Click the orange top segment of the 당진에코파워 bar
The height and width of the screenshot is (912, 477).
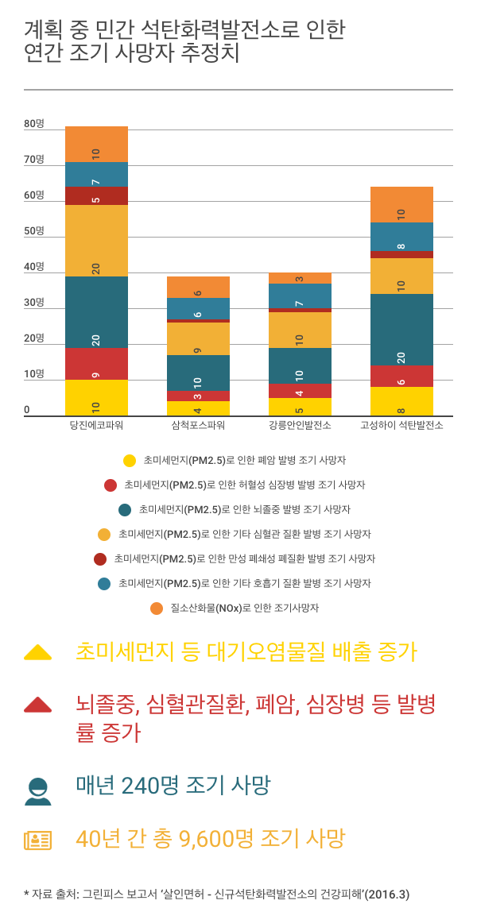[x=96, y=144]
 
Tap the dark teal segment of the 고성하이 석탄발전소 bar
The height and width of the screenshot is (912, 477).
[x=401, y=329]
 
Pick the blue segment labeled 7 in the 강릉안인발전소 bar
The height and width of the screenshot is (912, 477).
[x=300, y=296]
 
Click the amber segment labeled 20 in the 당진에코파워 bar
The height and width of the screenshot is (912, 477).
[x=96, y=241]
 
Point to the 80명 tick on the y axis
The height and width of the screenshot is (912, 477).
[x=34, y=124]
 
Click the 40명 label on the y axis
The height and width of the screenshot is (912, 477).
[x=34, y=267]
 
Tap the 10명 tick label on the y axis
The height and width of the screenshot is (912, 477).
[x=34, y=374]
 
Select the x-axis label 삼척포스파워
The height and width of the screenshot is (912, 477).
[x=198, y=425]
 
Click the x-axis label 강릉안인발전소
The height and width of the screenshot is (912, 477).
[x=300, y=425]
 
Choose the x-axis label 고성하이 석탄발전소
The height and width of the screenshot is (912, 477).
[x=401, y=425]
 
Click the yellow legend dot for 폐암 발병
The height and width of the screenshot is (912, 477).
[x=130, y=460]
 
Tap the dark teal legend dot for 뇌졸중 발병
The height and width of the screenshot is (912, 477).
[x=124, y=509]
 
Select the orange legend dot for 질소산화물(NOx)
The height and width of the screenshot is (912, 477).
[x=157, y=609]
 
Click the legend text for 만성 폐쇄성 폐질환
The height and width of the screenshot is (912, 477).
[x=245, y=558]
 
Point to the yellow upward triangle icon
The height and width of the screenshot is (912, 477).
[x=37, y=652]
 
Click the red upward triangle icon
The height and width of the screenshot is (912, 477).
[x=37, y=704]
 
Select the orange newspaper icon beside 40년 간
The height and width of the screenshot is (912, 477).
[x=37, y=840]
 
